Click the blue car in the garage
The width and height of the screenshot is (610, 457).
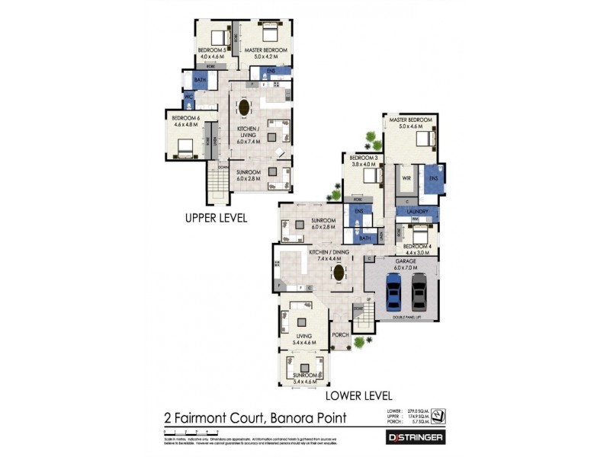coord(393,290)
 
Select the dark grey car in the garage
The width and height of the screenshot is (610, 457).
coord(419,290)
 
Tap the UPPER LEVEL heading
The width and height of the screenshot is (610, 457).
coord(217,218)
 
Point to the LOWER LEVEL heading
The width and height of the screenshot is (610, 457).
coord(358,396)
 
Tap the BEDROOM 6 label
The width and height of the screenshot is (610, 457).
coord(185,118)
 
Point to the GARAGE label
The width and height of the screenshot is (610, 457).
coord(404,260)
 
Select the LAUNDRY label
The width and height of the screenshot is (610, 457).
coord(417,211)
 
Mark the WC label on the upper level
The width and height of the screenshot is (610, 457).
coord(188,97)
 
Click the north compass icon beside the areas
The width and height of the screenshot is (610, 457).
coord(438,415)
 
